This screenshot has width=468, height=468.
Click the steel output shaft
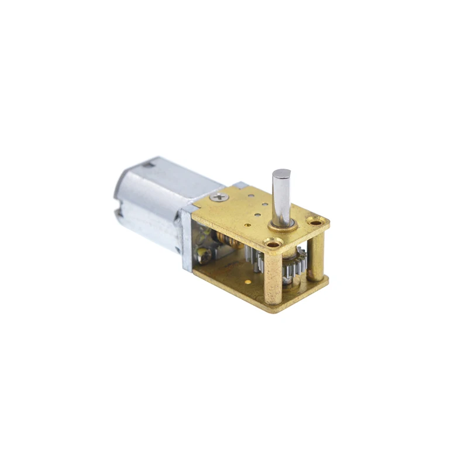(281, 196)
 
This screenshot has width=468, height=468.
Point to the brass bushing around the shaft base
(281, 226)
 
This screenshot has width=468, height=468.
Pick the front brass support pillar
(273, 275)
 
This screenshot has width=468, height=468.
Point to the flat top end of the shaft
(281, 173)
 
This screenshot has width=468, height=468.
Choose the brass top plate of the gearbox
(246, 211)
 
